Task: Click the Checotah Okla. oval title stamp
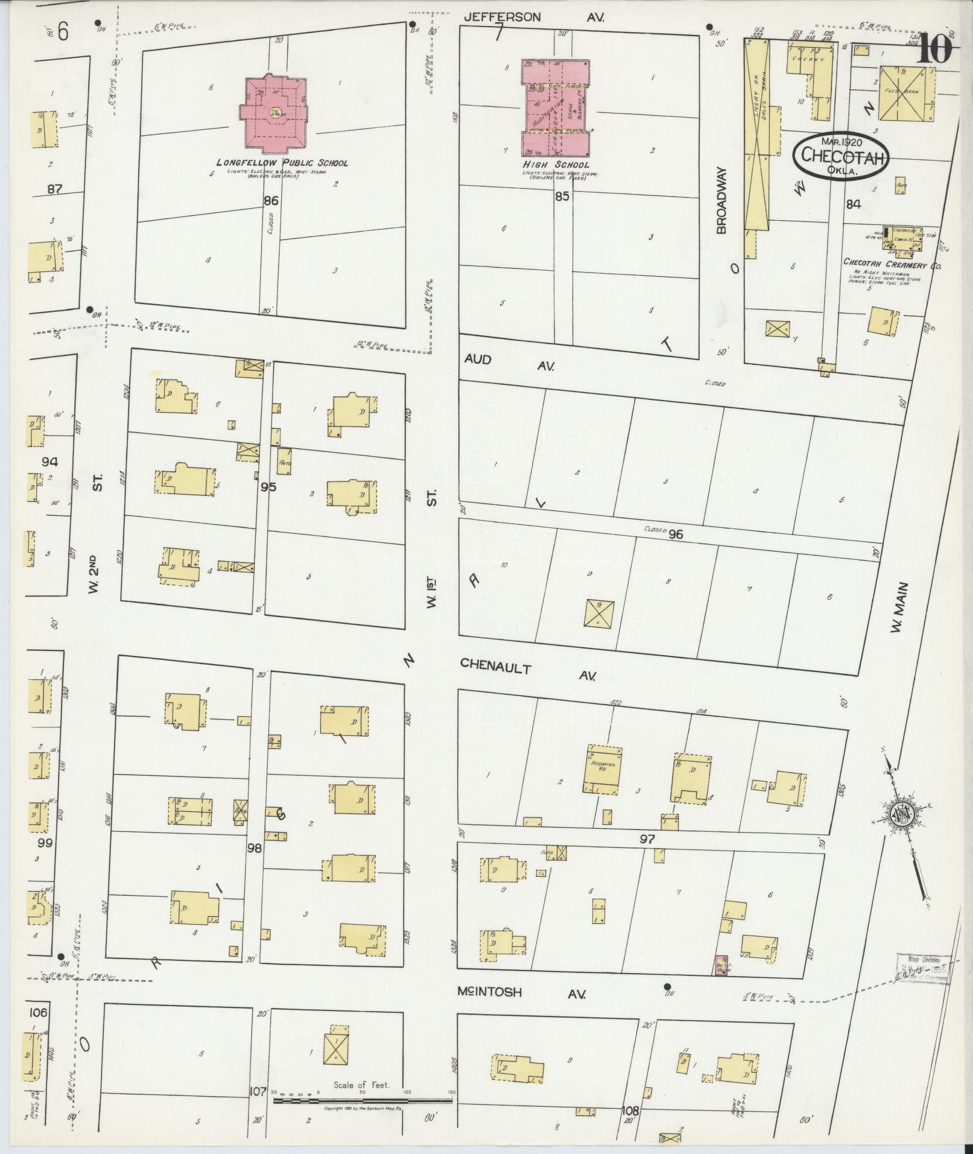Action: coord(841,156)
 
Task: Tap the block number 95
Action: coord(268,486)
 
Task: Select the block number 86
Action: coord(270,200)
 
